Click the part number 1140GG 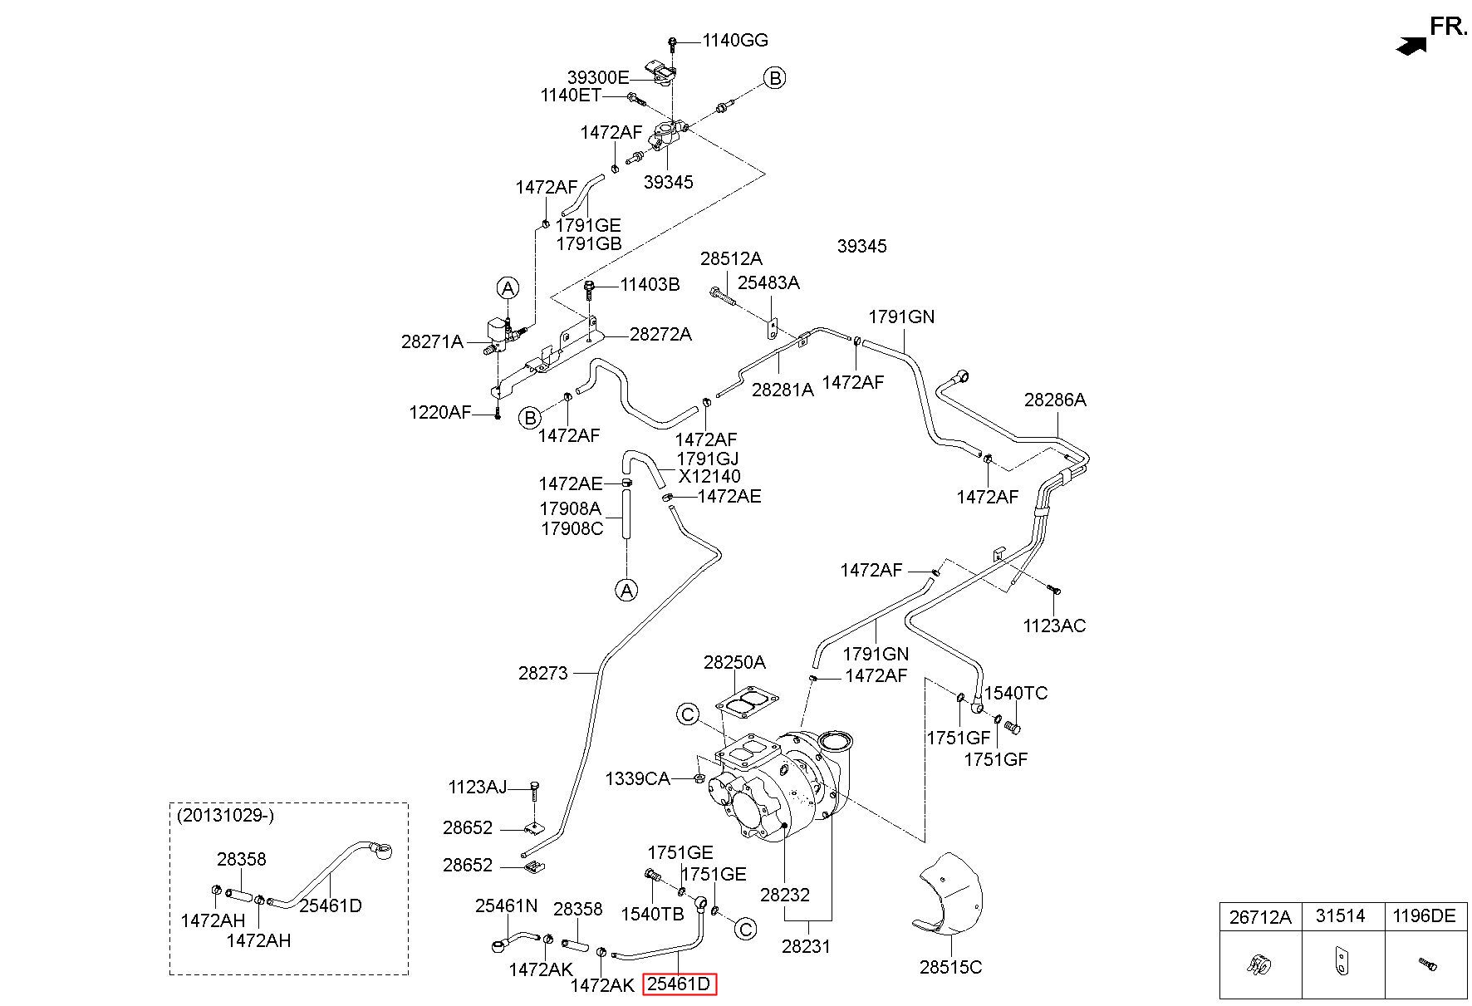click(735, 40)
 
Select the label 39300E click(598, 77)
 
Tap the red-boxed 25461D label click(680, 984)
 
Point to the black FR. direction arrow click(1409, 46)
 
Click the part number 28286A click(1054, 400)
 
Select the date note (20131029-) click(225, 815)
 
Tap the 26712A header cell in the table click(1260, 915)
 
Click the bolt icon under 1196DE click(1426, 964)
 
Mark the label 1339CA click(637, 778)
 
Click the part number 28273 click(543, 673)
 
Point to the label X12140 click(709, 477)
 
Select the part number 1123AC click(1054, 626)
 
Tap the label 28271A click(432, 341)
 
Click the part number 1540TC click(1016, 693)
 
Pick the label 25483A click(768, 282)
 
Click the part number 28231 click(806, 946)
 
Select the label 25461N click(506, 905)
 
